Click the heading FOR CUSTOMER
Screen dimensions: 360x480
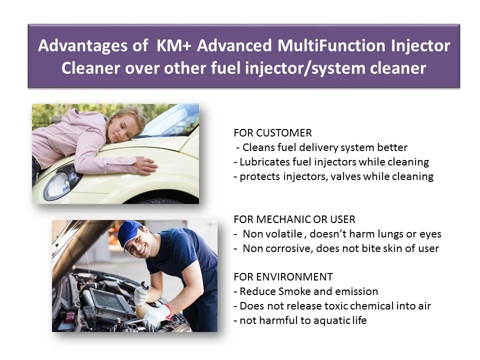(x=272, y=133)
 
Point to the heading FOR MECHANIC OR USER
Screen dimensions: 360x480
(x=294, y=219)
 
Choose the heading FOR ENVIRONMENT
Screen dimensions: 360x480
(x=283, y=277)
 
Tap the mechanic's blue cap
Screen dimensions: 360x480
(x=129, y=229)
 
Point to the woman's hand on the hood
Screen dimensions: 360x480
(x=144, y=165)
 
